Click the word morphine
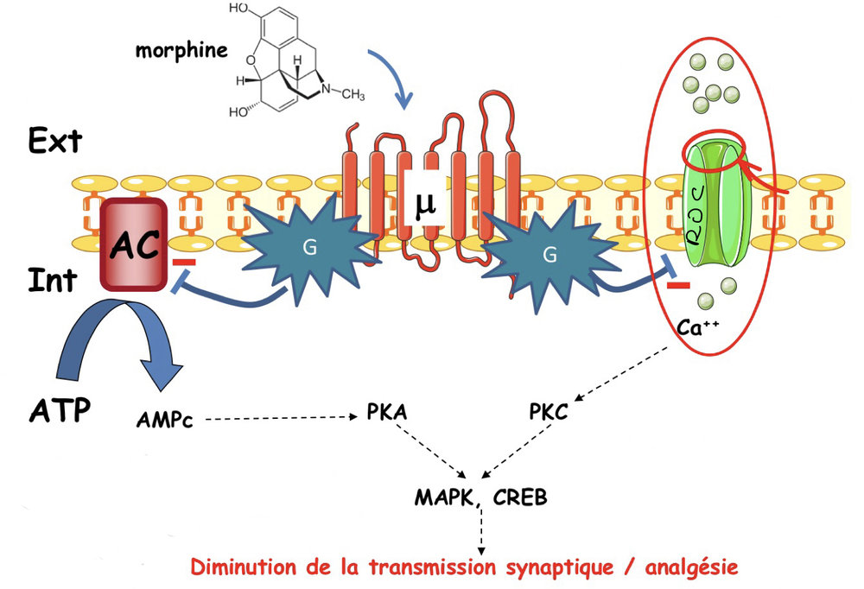click(181, 49)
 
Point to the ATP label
click(58, 408)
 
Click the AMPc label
click(164, 421)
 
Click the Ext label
click(55, 140)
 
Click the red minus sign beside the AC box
click(184, 261)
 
